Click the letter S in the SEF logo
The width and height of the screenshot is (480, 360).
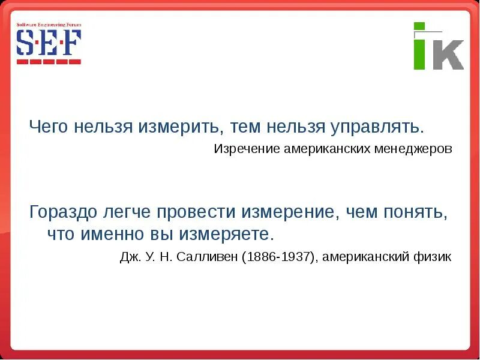(26, 43)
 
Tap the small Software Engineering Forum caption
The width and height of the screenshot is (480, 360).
(48, 25)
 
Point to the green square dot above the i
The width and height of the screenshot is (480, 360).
(419, 27)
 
